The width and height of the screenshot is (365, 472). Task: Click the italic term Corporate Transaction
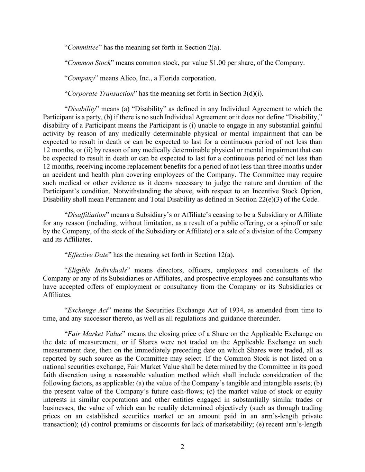(101, 93)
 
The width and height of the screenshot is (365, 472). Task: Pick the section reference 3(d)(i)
(251, 93)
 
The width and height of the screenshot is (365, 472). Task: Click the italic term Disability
(82, 109)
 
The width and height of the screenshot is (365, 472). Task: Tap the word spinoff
(294, 223)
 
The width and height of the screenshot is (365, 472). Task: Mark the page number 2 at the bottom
(182, 447)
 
